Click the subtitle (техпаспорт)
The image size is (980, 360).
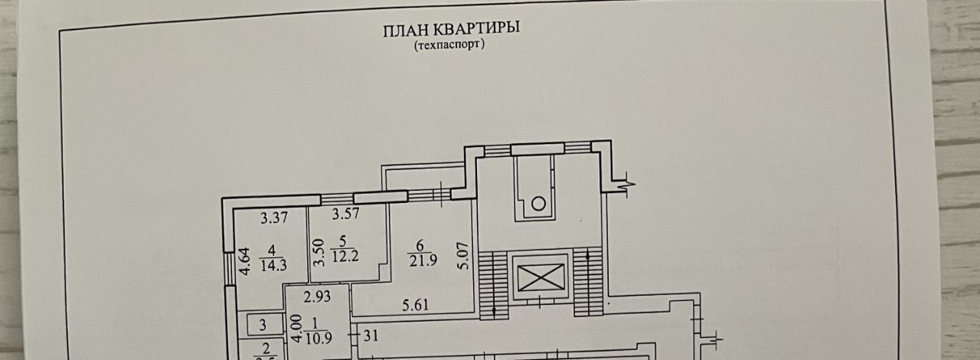(x=450, y=45)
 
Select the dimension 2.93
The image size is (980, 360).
(x=315, y=296)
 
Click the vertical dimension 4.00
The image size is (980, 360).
(x=295, y=329)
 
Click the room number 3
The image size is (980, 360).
(x=262, y=324)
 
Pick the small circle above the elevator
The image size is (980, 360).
(x=539, y=204)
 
